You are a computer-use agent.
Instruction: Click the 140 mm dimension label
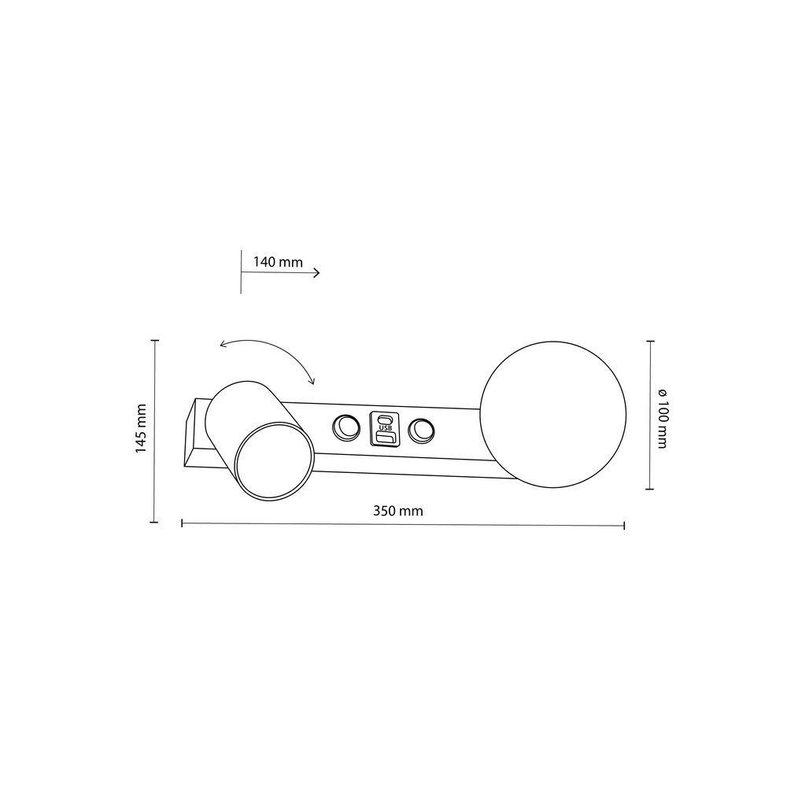(x=278, y=262)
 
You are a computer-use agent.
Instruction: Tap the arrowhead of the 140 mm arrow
(x=316, y=272)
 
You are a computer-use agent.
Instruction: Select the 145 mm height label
(x=141, y=428)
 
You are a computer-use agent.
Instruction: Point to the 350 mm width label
(x=397, y=511)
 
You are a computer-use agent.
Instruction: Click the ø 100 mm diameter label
(x=662, y=418)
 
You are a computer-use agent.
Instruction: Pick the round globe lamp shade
(x=552, y=414)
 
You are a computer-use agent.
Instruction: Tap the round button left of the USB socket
(x=345, y=427)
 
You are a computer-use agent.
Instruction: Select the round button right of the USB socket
(x=422, y=430)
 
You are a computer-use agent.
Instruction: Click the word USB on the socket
(x=385, y=428)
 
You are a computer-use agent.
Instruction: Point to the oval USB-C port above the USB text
(x=385, y=419)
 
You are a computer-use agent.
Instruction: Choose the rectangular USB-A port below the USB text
(x=385, y=438)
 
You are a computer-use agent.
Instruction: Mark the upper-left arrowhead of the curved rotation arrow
(x=222, y=345)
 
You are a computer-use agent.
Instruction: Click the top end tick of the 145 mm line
(x=154, y=341)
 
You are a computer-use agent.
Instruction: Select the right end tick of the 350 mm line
(x=624, y=525)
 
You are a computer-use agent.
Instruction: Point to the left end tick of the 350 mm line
(x=183, y=522)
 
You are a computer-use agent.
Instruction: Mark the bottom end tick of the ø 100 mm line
(x=650, y=489)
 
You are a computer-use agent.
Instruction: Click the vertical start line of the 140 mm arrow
(x=241, y=272)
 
